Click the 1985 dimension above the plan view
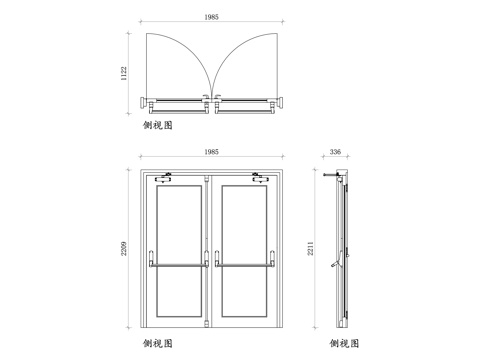pos(210,18)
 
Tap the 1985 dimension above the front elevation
pos(211,151)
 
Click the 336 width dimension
pos(335,152)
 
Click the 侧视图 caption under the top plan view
pos(159,128)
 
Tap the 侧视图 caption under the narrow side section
pos(346,344)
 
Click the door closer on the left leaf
pos(165,180)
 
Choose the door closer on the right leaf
pos(259,180)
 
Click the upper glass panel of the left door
pos(180,220)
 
